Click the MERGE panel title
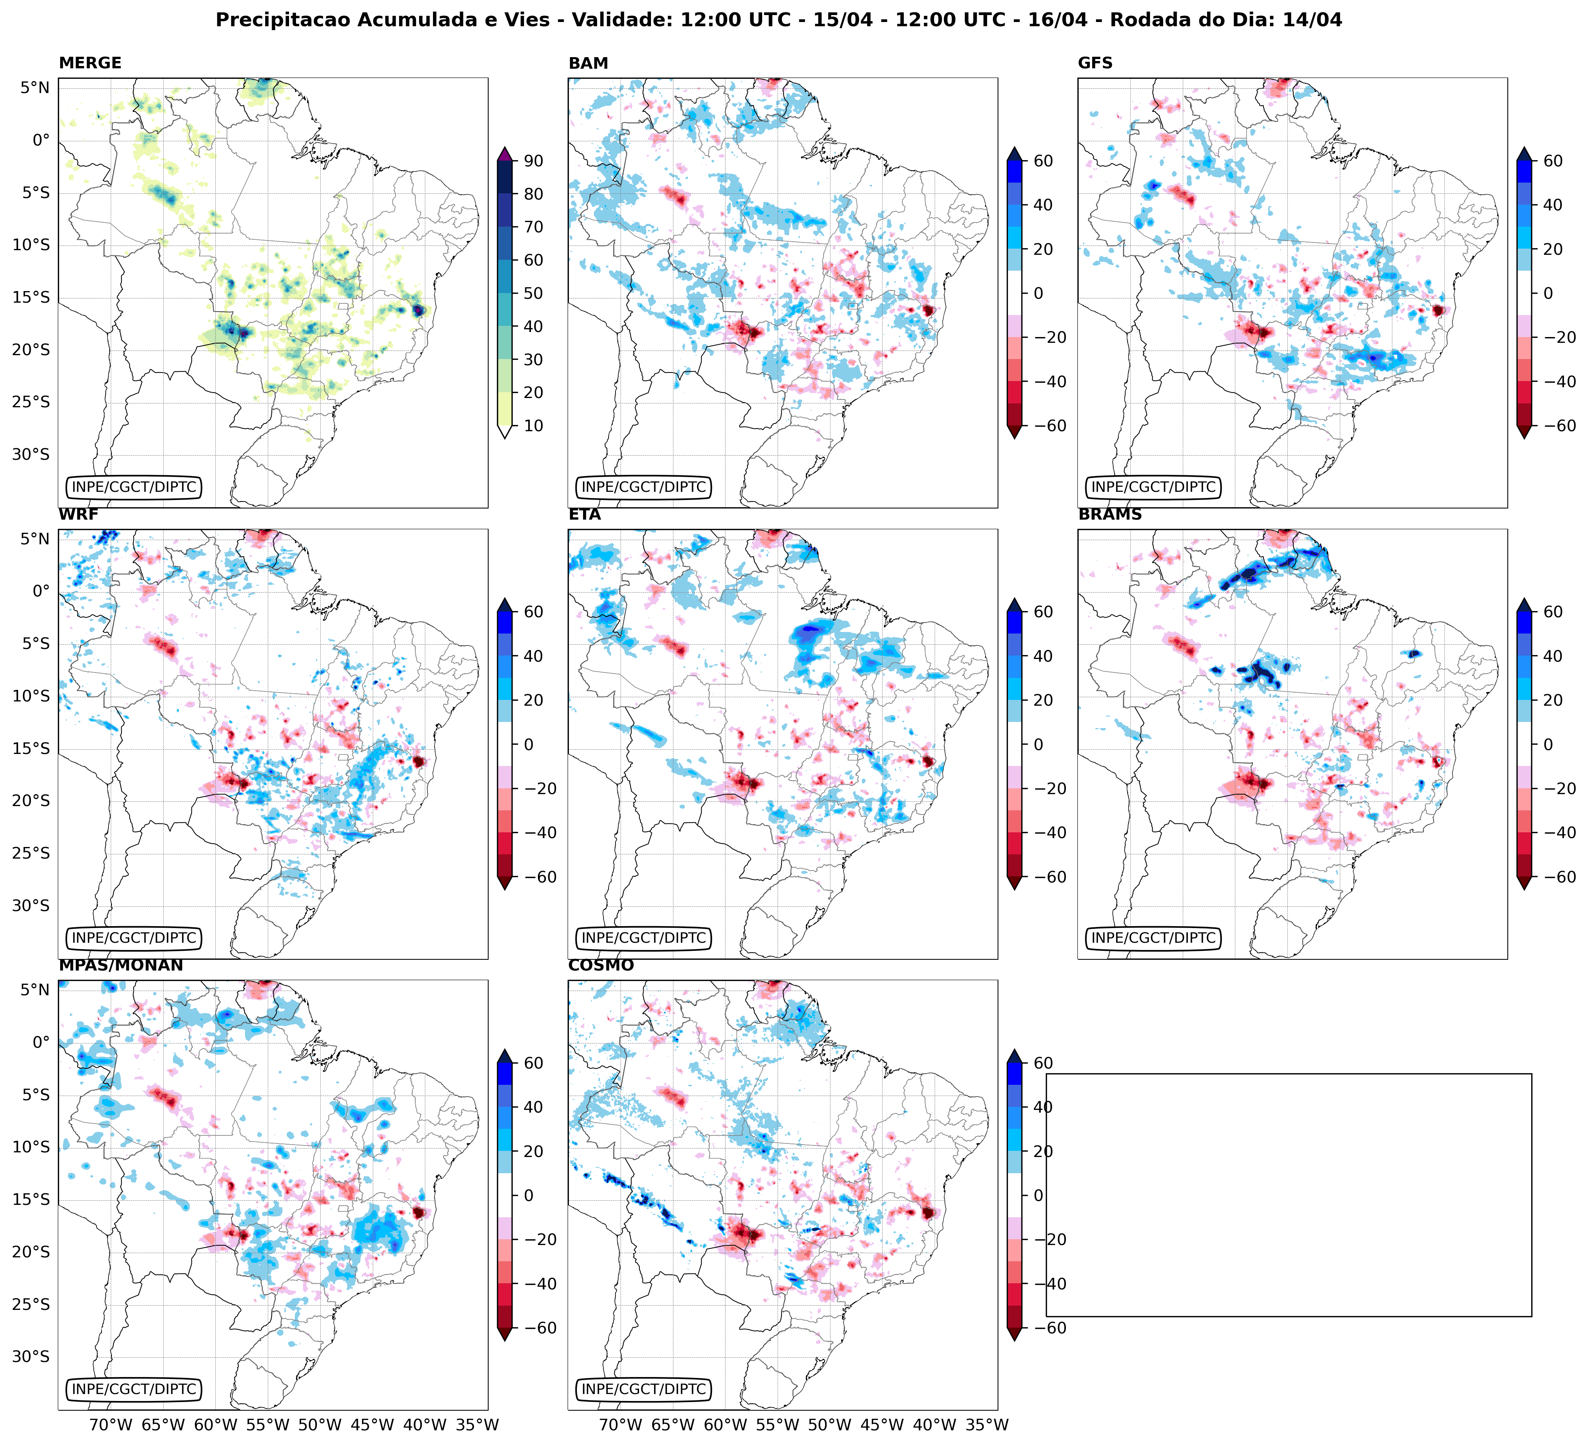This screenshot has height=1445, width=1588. (90, 63)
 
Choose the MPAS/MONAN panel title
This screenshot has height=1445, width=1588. (120, 965)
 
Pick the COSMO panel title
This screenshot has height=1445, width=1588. (600, 965)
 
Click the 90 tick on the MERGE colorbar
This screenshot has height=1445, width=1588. (533, 161)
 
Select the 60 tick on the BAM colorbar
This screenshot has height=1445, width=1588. (1043, 161)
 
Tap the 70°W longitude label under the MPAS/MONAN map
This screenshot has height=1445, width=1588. (110, 1425)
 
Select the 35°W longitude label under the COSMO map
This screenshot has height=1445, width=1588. (987, 1425)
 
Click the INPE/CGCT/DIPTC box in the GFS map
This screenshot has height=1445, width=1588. (1153, 487)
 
